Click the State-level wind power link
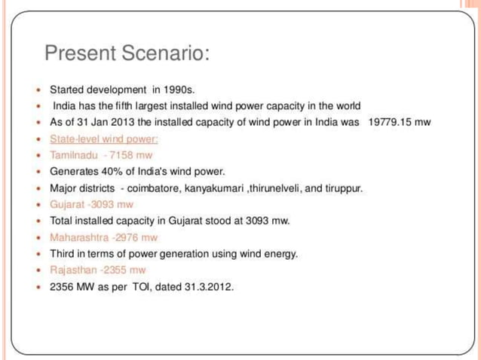click(103, 139)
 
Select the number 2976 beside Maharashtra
click(122, 237)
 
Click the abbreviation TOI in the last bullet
click(139, 286)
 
